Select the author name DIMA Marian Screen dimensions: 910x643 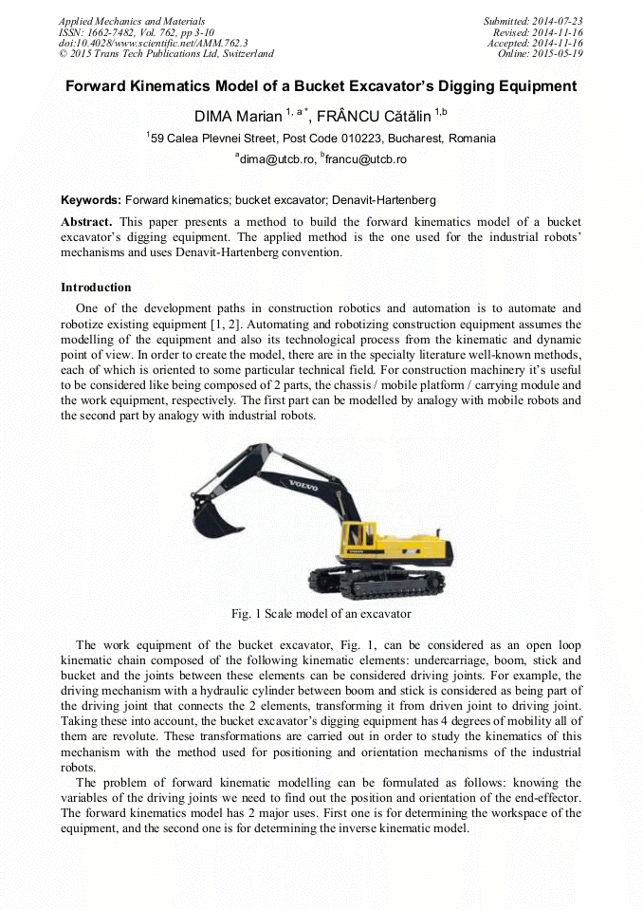(x=237, y=116)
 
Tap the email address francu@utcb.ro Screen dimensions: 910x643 (x=365, y=159)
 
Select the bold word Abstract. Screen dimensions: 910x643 (x=86, y=221)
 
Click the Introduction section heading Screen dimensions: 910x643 (x=96, y=287)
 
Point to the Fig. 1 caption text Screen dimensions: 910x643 (x=321, y=614)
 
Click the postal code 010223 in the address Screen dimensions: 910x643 (x=358, y=139)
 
